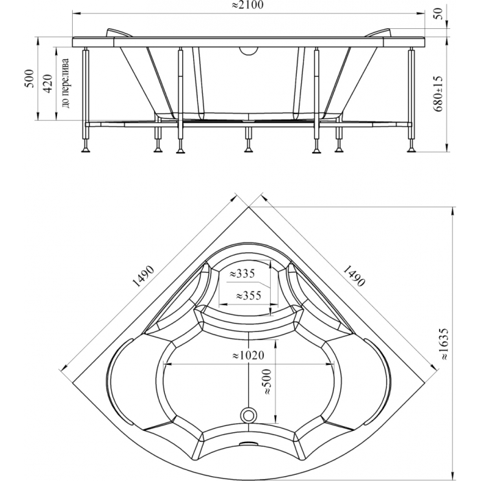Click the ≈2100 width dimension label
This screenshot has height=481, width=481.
247,5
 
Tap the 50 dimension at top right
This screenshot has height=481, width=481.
439,14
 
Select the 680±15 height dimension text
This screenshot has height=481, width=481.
438,94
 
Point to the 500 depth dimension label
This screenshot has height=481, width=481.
30,78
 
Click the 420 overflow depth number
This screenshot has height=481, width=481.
48,83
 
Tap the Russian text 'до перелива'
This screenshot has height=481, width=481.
66,83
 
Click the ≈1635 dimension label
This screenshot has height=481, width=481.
444,344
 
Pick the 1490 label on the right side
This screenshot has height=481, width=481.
354,276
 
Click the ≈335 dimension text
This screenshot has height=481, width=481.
243,273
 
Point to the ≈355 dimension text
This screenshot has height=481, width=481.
249,295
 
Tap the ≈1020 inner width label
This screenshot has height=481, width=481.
248,355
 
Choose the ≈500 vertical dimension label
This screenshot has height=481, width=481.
267,381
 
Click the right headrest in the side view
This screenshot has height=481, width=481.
378,32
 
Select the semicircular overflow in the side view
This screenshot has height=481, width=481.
249,52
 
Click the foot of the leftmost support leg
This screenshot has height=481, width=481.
85,150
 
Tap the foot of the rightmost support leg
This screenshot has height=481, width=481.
411,150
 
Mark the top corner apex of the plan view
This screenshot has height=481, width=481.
249,207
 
